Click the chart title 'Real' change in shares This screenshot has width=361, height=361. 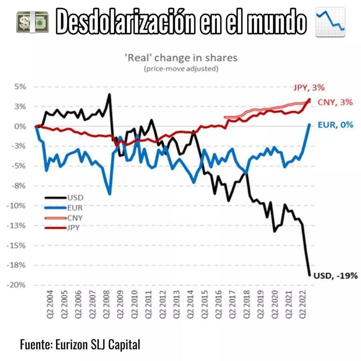coord(181,57)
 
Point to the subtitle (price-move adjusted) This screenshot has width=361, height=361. coord(181,69)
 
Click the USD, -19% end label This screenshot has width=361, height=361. coord(335,276)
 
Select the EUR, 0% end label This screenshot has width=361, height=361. coord(335,125)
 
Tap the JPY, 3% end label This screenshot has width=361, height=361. coord(309,88)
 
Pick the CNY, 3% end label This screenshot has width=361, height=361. coord(335,102)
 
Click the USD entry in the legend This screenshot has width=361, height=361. coord(75,198)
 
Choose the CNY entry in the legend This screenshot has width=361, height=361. coord(75,218)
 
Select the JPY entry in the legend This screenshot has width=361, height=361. coord(73,228)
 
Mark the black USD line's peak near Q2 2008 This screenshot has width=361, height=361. coord(109,94)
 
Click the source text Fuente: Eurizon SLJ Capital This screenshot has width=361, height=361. coord(80,344)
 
